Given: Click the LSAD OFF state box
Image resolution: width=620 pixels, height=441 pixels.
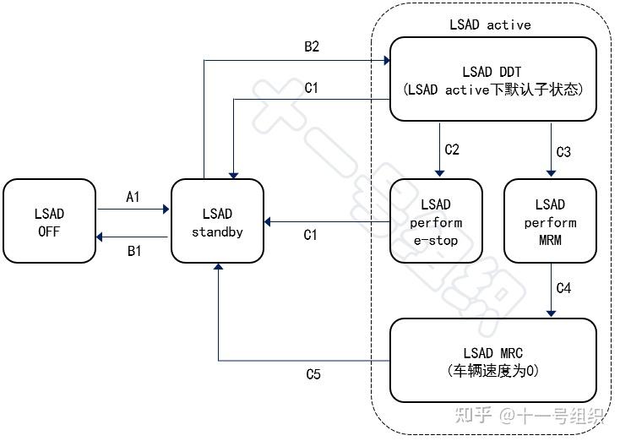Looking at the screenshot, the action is (x=50, y=220).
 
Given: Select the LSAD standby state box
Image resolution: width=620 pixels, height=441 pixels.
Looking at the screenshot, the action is (x=217, y=220).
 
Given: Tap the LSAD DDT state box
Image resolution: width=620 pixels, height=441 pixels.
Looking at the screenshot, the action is (x=493, y=79).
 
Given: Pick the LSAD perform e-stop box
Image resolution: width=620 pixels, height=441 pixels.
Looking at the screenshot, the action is (x=436, y=220).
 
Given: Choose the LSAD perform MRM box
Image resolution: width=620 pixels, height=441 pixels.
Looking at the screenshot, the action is (x=551, y=220).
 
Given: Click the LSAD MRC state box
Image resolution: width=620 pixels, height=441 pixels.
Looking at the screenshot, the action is (x=493, y=360).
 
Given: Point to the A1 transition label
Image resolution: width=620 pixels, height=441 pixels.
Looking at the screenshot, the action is (x=133, y=197).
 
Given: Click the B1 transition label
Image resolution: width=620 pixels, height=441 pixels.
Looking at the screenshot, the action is (x=134, y=251).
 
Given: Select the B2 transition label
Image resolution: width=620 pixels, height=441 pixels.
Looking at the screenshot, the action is (x=312, y=46).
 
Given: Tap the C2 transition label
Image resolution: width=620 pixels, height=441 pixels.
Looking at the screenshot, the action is (x=452, y=150).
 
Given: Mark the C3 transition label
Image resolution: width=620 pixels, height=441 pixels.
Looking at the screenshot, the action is (x=563, y=152).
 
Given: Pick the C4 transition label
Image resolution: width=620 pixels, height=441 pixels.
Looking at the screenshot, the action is (x=563, y=288).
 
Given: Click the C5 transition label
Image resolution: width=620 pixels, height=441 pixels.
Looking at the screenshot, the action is (x=313, y=373).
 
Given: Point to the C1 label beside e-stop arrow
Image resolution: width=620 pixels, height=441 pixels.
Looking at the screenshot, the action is (x=310, y=235).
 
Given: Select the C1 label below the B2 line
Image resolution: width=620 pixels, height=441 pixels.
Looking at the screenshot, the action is (x=311, y=87).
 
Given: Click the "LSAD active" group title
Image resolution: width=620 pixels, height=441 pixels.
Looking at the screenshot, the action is (x=490, y=24).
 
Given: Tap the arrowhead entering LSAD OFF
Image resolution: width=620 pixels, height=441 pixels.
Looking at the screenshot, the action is (x=99, y=237).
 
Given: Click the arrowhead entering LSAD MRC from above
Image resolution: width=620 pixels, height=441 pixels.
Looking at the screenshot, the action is (x=552, y=314).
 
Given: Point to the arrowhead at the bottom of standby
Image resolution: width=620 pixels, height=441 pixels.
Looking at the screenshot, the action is (x=218, y=267).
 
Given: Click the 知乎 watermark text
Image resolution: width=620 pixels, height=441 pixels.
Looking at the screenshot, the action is (x=473, y=415).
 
